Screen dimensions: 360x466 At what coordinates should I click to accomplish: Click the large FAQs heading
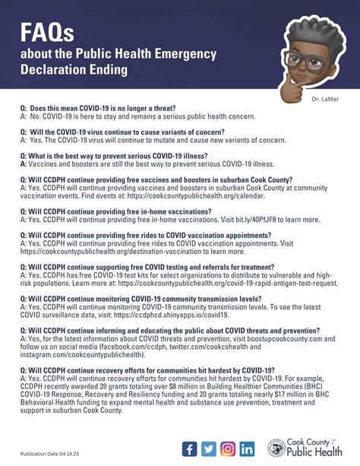(47, 33)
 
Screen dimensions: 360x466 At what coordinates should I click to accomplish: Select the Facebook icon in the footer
(189, 449)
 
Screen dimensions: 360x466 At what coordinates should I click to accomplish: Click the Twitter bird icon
(209, 449)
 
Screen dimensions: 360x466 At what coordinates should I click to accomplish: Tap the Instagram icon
(228, 449)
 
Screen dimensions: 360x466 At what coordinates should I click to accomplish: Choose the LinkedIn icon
(247, 449)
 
